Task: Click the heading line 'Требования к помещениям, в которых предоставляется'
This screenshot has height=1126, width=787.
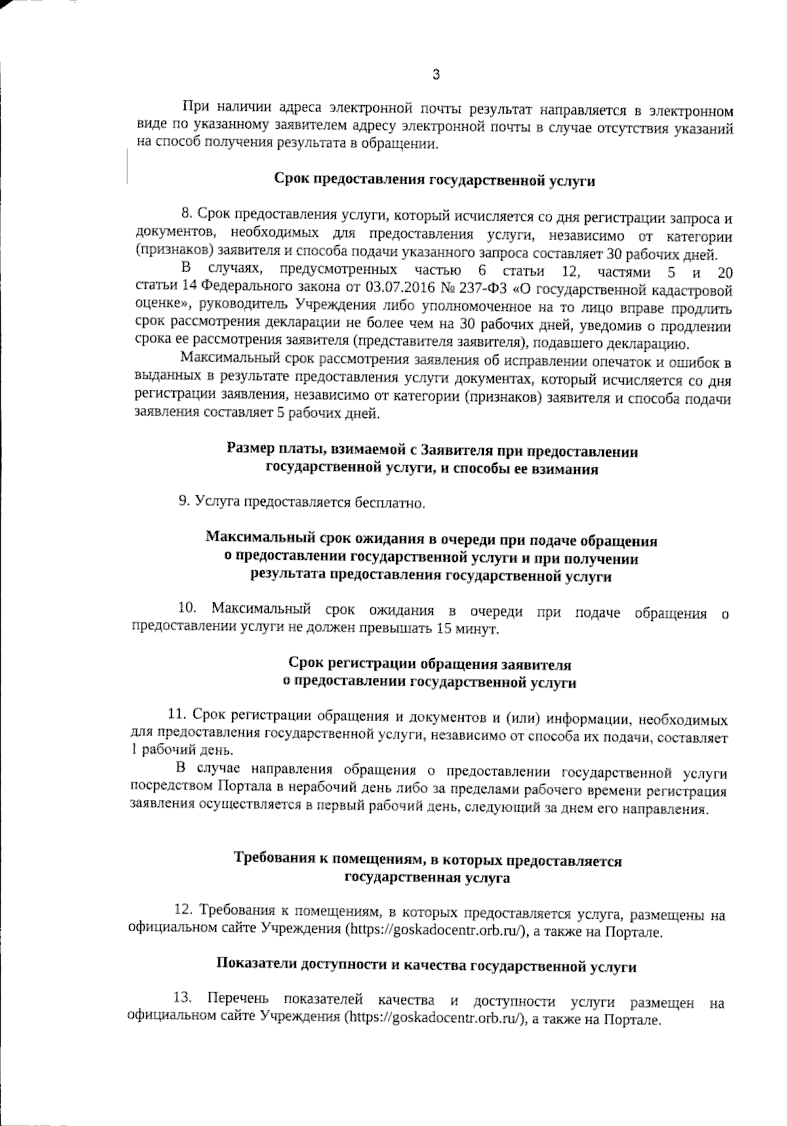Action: coord(428,860)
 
